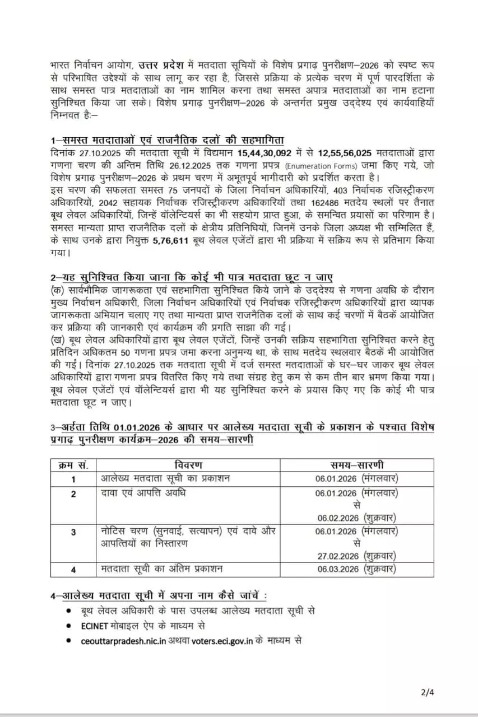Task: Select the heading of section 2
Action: coord(191,278)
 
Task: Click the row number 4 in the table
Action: coord(73,569)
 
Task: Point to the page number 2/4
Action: coord(428,692)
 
